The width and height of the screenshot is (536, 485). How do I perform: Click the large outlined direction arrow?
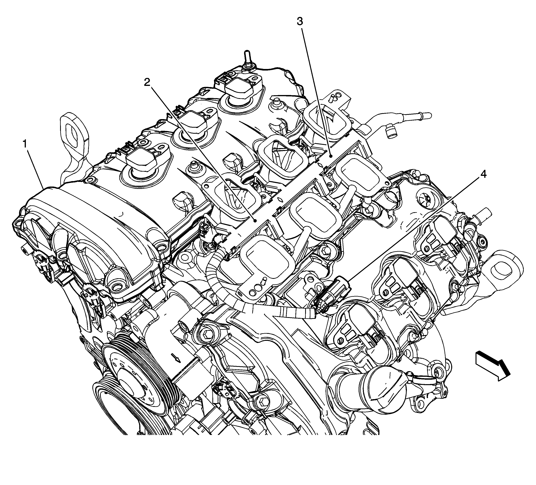point(492,365)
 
